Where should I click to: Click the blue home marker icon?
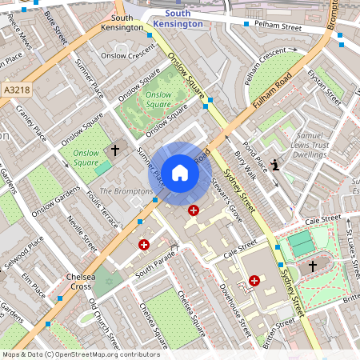pos(180,172)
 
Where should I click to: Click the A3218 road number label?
pos(16,90)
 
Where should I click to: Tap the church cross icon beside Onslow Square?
pos(114,150)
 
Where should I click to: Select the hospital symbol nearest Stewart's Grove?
pos(193,210)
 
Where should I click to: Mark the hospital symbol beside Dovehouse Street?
pos(254,281)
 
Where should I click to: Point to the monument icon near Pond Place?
pos(276,166)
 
